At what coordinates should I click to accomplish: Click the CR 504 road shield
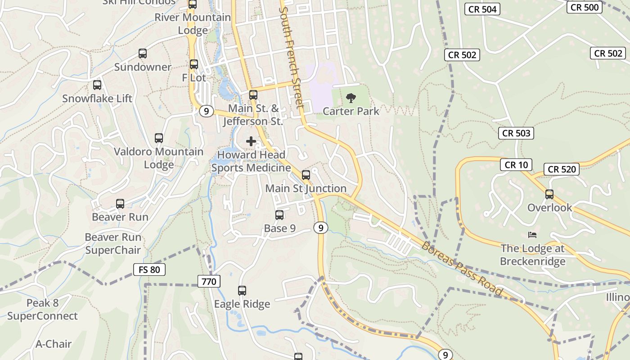click(x=483, y=9)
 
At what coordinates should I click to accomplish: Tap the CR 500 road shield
click(x=584, y=7)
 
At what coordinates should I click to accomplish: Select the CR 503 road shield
click(x=516, y=133)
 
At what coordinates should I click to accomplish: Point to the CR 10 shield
click(x=516, y=165)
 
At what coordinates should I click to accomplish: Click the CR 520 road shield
click(x=562, y=169)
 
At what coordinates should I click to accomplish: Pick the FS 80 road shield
click(x=149, y=270)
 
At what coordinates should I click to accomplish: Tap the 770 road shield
click(x=209, y=282)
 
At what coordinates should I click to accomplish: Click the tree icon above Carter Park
click(x=351, y=98)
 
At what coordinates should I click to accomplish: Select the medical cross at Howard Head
click(x=251, y=141)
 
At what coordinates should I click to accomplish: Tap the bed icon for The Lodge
click(x=532, y=235)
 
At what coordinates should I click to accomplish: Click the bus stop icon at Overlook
click(x=549, y=194)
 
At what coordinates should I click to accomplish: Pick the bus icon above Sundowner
click(x=143, y=54)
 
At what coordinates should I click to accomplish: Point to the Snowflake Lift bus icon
click(x=97, y=85)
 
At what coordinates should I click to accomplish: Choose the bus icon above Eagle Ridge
click(x=242, y=291)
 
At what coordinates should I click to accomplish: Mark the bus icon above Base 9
click(x=279, y=215)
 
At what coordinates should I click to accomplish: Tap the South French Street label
click(x=292, y=57)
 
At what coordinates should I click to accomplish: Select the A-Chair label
click(x=54, y=344)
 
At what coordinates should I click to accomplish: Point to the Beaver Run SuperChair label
click(x=113, y=243)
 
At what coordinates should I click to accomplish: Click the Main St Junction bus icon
click(x=306, y=175)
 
